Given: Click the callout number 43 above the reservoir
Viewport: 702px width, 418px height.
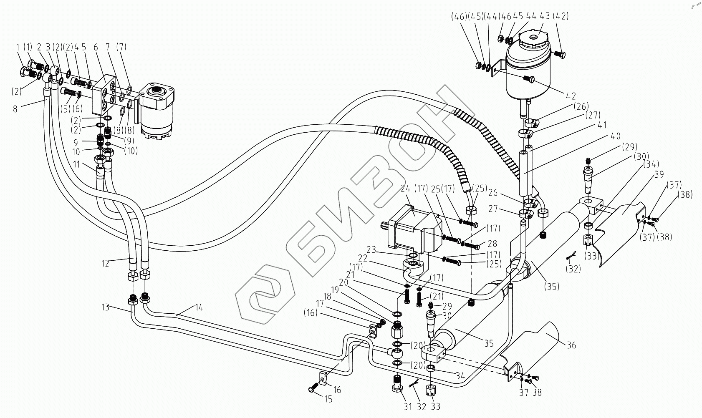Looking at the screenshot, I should point(544,17).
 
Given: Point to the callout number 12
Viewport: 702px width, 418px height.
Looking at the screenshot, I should point(105,263).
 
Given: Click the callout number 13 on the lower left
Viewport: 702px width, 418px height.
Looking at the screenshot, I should point(105,307).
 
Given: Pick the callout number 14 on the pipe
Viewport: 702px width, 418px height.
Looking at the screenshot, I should point(199,308).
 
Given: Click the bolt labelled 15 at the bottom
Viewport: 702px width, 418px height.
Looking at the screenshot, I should point(311,389).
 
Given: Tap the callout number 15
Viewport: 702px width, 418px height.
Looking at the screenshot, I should point(328,400).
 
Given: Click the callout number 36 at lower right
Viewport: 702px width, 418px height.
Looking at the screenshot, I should point(571,345).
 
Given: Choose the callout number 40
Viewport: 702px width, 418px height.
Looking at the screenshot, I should point(615,136).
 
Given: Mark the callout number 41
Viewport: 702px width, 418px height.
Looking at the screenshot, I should point(602,125).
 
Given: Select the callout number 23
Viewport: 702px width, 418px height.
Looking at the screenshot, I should point(371,250).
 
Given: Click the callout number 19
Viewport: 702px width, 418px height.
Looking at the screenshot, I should point(336,289).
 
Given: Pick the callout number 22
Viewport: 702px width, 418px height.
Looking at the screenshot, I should point(363,259).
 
